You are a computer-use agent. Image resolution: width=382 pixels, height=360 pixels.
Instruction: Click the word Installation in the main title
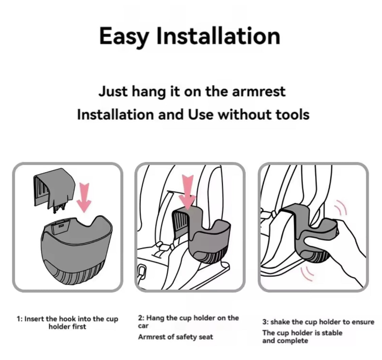click(x=218, y=36)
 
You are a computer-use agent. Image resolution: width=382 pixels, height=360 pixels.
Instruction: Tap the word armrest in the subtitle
click(x=258, y=92)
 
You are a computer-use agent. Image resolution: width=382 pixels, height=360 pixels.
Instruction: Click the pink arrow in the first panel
click(x=84, y=197)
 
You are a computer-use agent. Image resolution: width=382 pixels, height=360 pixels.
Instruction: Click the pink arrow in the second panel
click(x=187, y=192)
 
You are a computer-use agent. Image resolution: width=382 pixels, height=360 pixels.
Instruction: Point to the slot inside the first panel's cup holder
click(x=61, y=226)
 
